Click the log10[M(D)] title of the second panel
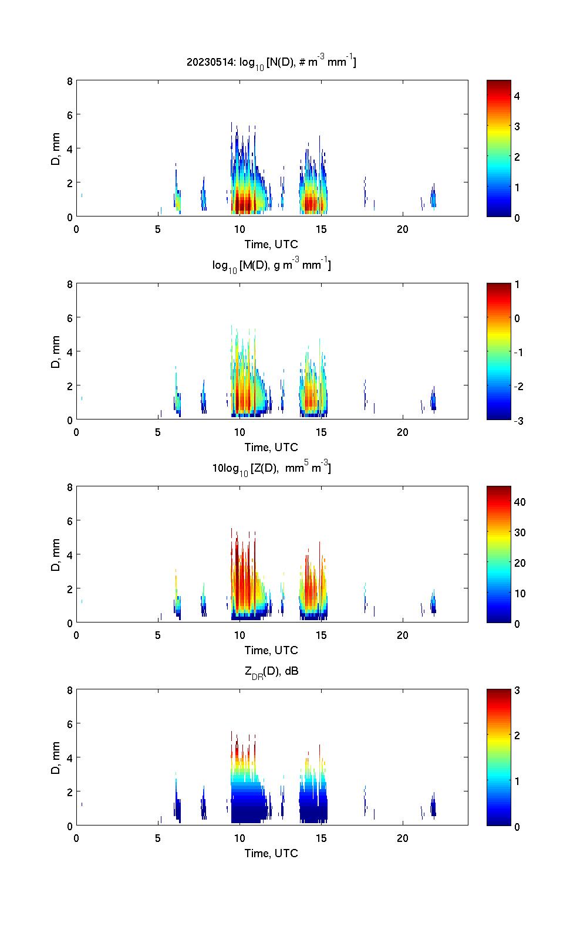pos(271,265)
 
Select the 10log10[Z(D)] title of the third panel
pos(271,468)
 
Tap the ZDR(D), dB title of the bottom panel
pos(271,672)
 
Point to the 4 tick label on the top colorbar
pos(517,96)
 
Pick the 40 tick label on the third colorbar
pos(519,502)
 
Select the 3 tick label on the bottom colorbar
pos(517,691)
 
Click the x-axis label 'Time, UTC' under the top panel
pos(271,244)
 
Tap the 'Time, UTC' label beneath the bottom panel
pos(271,853)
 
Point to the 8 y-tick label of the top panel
pos(70,82)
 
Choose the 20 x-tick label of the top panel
pos(403,229)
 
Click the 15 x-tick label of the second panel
pos(321,432)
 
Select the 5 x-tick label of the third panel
pos(158,635)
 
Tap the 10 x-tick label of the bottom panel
pos(239,838)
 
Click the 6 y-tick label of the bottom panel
pos(70,724)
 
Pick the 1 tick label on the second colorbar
pos(517,285)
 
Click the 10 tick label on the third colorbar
pos(519,593)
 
